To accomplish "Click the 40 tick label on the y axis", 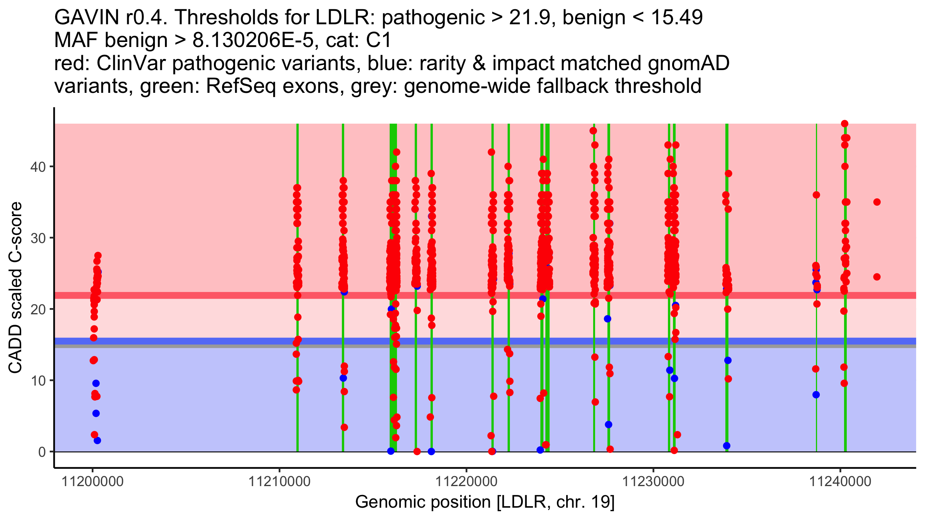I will click(x=38, y=167).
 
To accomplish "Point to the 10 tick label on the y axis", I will click(x=38, y=381).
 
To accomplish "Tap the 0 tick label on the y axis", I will click(x=42, y=452).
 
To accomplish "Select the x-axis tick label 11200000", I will click(x=92, y=481).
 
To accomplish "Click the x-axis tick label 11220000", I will click(x=466, y=481).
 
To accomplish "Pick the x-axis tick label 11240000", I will click(x=840, y=481).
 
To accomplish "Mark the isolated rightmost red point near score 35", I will click(x=877, y=202).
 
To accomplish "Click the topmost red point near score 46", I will click(x=844, y=124).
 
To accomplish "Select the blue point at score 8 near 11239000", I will click(x=816, y=395).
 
